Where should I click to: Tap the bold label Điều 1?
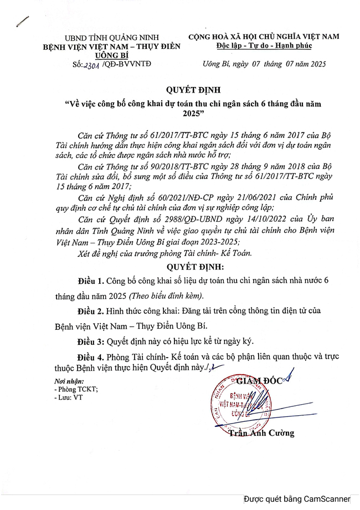(x=89, y=282)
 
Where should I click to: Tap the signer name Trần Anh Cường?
(x=261, y=433)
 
